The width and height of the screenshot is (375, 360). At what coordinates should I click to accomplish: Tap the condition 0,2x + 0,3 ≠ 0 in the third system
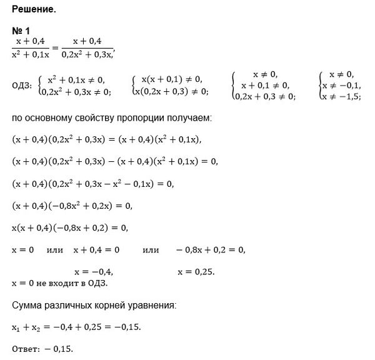264,96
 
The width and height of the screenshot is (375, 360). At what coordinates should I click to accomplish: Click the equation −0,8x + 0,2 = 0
211,250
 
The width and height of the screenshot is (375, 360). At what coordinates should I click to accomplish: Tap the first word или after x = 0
55,250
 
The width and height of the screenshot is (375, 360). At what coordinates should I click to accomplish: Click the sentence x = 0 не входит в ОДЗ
60,283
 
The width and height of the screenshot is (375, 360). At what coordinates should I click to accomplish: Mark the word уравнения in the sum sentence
153,305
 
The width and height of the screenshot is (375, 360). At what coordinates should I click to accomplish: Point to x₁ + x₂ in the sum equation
27,327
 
